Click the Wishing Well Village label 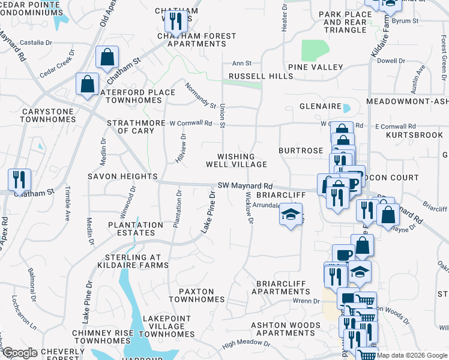[237, 160]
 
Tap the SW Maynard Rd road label [245, 187]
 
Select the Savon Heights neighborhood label [122, 177]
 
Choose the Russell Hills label [252, 77]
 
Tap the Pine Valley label [315, 67]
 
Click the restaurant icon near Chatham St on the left [19, 179]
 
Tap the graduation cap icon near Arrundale [290, 215]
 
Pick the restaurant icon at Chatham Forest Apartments [175, 22]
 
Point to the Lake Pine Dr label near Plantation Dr [207, 213]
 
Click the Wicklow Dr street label [249, 211]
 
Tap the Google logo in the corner [19, 353]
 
